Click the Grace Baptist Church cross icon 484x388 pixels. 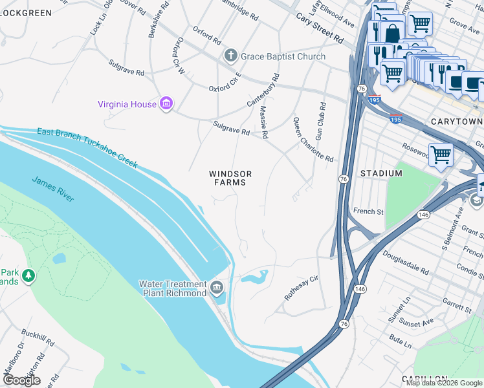[x=231, y=56]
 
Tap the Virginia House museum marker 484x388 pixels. [x=166, y=103]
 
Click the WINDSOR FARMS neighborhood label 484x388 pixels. [x=230, y=178]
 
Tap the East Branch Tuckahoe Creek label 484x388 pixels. [x=87, y=147]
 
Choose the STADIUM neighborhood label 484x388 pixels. [x=381, y=173]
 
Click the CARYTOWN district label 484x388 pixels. [x=456, y=122]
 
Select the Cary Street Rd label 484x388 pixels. [x=320, y=28]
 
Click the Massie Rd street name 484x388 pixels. [x=263, y=123]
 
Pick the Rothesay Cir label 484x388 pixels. [x=302, y=288]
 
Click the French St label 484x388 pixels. [x=368, y=211]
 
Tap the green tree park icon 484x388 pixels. [x=28, y=276]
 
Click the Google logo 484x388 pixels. [x=21, y=380]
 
